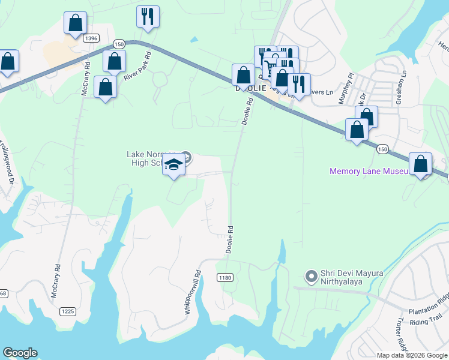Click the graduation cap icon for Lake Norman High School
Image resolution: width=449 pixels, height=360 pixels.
173,165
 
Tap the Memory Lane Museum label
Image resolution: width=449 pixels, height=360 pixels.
370,172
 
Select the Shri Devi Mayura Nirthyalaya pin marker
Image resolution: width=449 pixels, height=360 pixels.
311,277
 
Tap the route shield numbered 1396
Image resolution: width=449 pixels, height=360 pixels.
91,38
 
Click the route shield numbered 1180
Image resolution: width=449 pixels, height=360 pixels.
225,277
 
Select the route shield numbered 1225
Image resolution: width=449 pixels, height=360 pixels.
67,311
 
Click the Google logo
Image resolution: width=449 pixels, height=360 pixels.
20,353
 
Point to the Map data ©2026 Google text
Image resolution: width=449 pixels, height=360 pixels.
412,355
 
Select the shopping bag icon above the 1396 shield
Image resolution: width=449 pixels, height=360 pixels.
76,23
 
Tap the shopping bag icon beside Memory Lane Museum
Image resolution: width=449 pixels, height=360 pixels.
420,164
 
